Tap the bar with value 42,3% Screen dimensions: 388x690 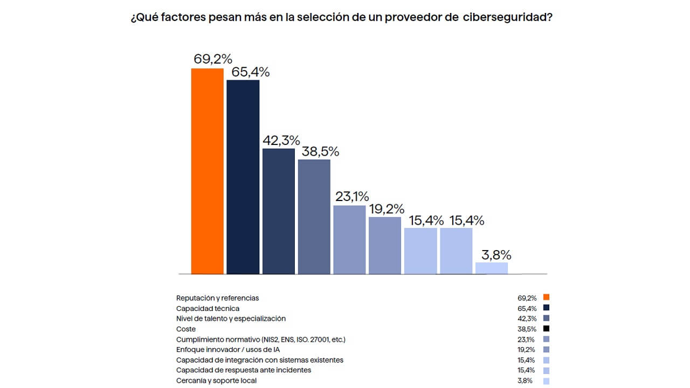(278, 211)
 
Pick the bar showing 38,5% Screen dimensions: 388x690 (314, 217)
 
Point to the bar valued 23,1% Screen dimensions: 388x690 (349, 240)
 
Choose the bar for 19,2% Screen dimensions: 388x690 (385, 245)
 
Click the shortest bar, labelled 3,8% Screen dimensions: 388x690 (492, 268)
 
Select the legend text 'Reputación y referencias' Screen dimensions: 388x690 (218, 298)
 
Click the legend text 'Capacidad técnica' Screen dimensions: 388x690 (208, 308)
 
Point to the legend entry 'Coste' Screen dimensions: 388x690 (186, 329)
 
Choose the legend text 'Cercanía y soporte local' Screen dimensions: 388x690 (216, 380)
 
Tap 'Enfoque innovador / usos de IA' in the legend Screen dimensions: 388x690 (227, 349)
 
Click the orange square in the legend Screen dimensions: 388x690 (546, 297)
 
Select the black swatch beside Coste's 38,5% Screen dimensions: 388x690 (546, 329)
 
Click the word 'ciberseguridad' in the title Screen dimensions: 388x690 (507, 18)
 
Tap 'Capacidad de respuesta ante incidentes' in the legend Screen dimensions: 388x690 (244, 370)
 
